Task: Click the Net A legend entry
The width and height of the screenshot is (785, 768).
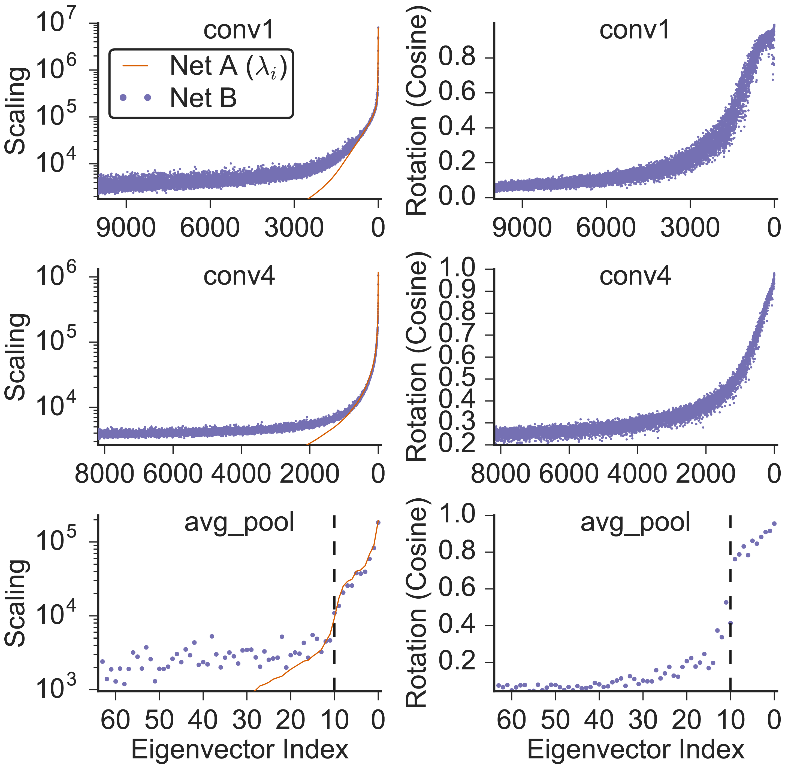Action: click(202, 66)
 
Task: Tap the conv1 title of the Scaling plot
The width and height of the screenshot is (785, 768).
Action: click(238, 30)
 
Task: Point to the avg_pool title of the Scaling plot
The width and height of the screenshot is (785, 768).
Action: click(239, 522)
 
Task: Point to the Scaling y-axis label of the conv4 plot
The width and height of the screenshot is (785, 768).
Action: click(16, 357)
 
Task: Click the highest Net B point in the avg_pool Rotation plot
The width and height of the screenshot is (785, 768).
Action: click(774, 523)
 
